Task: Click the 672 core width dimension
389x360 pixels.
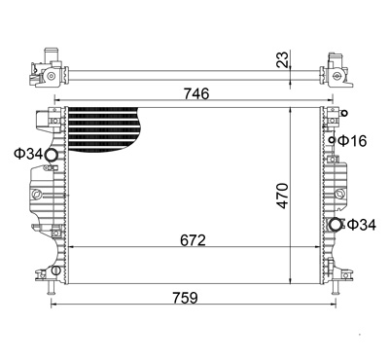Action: click(192, 239)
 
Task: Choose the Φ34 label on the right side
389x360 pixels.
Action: click(362, 226)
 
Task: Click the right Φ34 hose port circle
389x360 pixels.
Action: click(336, 226)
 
